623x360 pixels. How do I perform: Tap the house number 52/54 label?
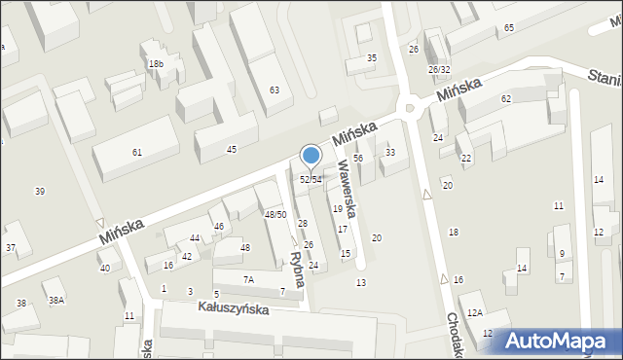tap(311, 179)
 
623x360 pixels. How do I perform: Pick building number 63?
tap(275, 90)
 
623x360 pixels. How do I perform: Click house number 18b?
tap(156, 64)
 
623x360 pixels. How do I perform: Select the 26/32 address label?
tap(438, 70)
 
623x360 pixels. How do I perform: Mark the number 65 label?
tap(510, 28)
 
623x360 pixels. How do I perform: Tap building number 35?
tap(371, 58)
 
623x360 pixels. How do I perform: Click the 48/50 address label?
tap(275, 214)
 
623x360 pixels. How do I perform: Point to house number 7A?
tap(248, 279)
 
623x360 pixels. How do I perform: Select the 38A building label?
tap(56, 301)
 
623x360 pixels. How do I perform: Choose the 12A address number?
tap(474, 313)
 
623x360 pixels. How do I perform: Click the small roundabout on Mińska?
tap(411, 108)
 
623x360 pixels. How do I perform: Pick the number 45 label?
tap(231, 149)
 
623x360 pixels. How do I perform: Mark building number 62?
tap(506, 99)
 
